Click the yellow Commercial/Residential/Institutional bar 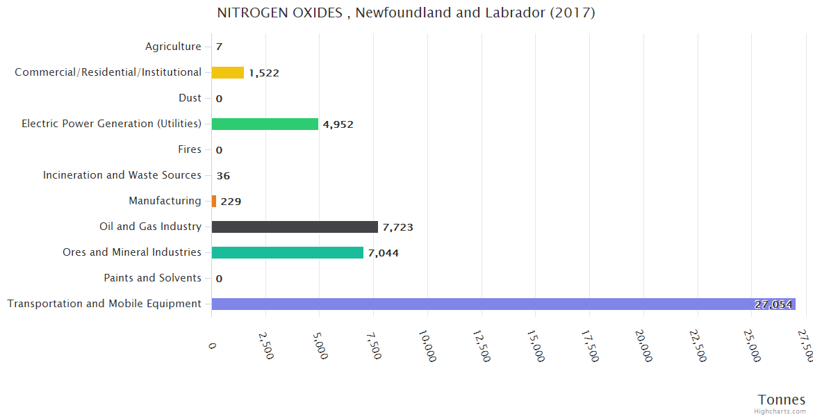tap(228, 72)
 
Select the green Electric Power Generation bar tap(265, 124)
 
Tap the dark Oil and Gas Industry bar tap(295, 227)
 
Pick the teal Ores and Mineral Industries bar tap(288, 252)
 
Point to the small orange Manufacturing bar tap(214, 201)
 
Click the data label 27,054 tap(773, 304)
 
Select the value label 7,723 tap(397, 227)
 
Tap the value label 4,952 tap(338, 124)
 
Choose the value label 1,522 tap(264, 73)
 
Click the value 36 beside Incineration tap(223, 176)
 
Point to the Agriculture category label tap(173, 47)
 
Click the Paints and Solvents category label tap(152, 278)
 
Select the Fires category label tap(190, 149)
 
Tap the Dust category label tap(190, 98)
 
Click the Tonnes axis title tap(782, 400)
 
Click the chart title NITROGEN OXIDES tap(406, 13)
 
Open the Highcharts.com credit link tap(780, 411)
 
